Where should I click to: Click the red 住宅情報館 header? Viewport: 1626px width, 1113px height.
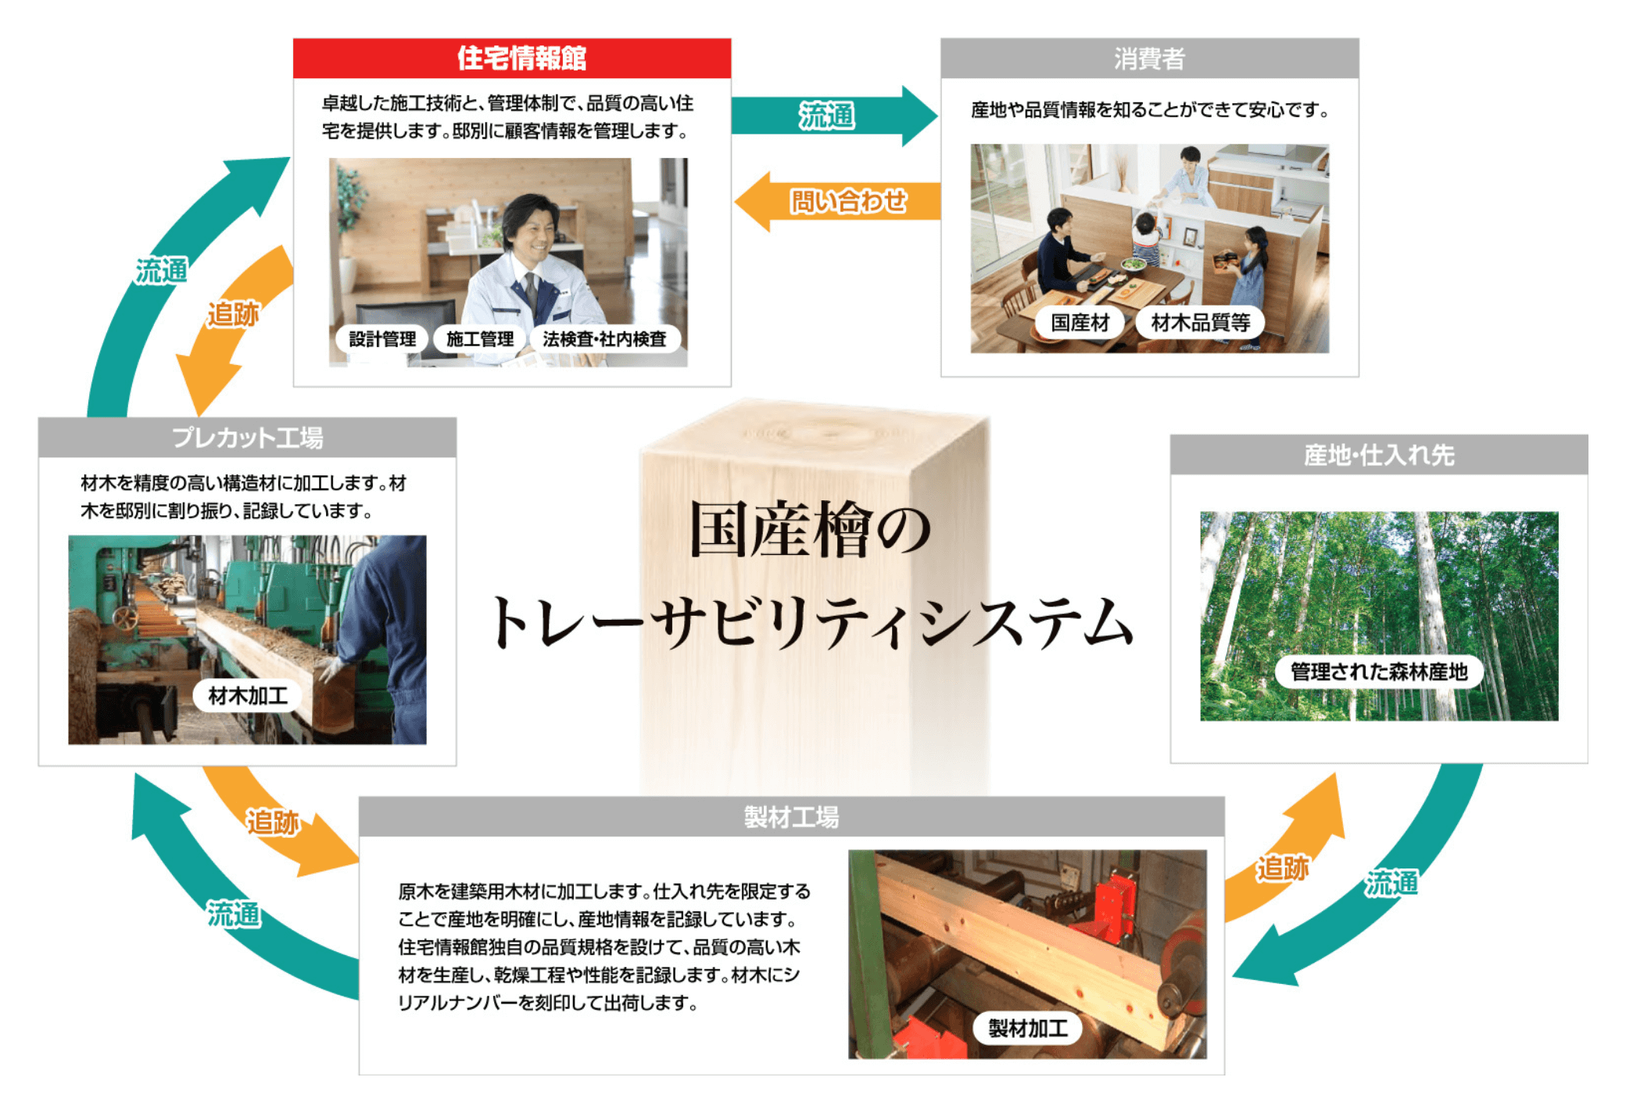512,58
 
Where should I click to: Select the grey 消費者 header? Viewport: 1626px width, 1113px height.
1149,58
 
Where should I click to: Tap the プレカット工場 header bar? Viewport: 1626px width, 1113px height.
247,437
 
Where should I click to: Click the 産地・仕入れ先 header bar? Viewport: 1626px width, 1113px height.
1378,454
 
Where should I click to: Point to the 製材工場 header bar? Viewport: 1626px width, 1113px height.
791,817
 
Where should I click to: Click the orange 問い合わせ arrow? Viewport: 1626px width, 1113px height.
837,202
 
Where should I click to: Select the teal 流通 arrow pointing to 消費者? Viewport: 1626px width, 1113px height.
834,116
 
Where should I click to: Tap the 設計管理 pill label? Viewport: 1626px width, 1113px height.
382,338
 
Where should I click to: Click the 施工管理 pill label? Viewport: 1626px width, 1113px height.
479,338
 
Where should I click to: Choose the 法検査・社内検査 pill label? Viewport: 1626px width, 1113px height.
604,338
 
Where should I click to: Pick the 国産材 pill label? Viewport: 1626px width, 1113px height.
1080,322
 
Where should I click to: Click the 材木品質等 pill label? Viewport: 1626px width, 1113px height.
1200,322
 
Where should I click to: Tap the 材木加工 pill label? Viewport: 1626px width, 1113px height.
248,695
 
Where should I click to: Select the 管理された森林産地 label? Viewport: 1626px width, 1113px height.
1379,671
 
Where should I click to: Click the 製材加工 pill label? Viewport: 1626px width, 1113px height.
1028,1028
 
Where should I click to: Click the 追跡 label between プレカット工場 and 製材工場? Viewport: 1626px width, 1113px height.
273,822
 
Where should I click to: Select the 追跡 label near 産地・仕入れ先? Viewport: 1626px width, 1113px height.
1282,868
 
